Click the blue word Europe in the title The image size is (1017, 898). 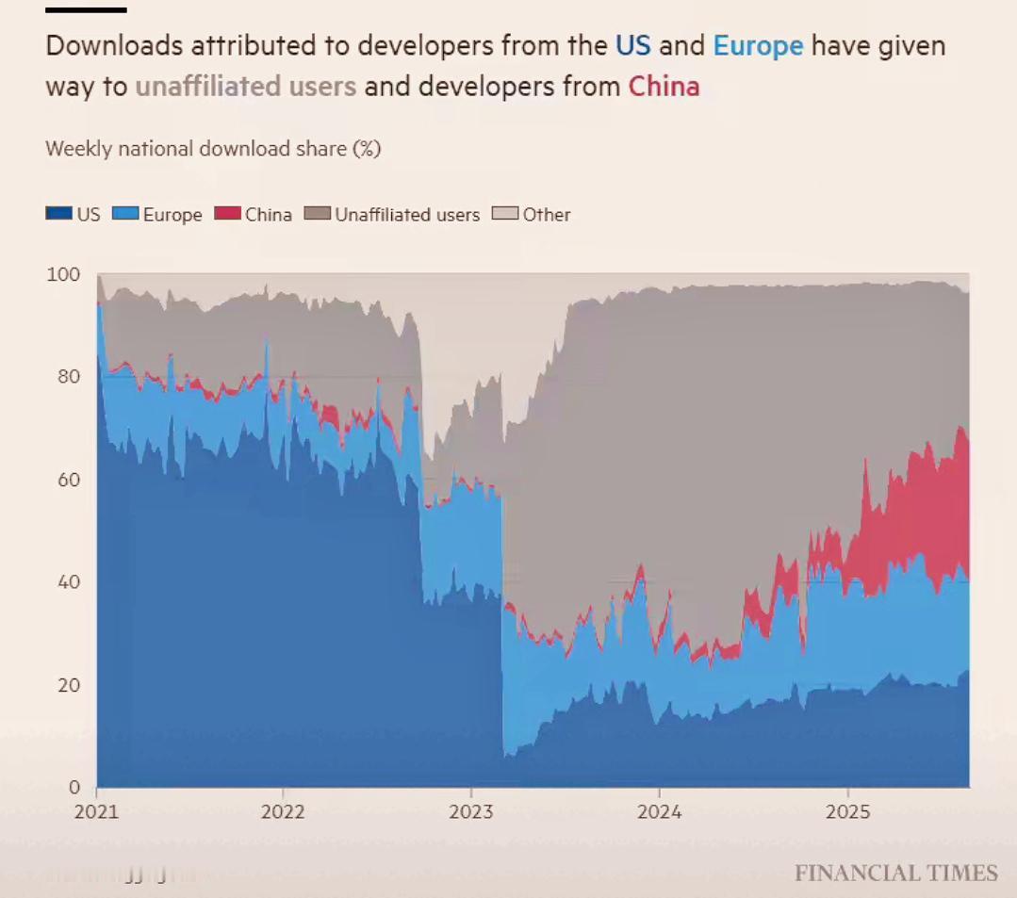[x=758, y=46]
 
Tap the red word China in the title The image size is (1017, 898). [x=664, y=87]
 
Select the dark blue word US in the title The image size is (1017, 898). [x=632, y=46]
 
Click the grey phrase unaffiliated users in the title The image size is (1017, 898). [x=246, y=87]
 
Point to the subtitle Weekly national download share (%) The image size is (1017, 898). [x=213, y=149]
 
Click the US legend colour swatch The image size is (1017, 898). [x=58, y=214]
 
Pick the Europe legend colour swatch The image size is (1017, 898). [x=125, y=214]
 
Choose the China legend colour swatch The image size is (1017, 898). [x=228, y=214]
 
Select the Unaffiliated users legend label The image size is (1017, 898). [x=407, y=215]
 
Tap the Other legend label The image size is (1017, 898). [x=547, y=215]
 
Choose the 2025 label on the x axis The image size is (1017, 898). [x=847, y=812]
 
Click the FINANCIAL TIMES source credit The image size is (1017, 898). [x=895, y=874]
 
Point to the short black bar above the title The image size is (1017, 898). [x=86, y=10]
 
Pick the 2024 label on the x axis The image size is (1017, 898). [x=659, y=812]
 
